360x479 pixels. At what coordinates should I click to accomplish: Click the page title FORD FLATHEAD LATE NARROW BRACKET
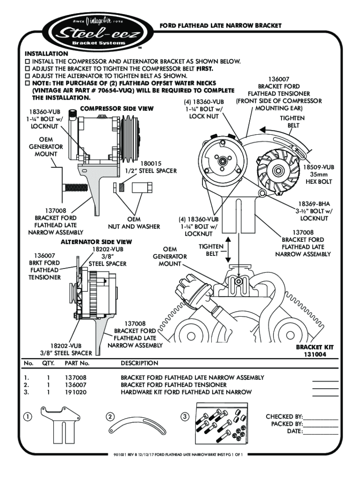[221, 26]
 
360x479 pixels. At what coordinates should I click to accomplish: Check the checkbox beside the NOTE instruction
[27, 83]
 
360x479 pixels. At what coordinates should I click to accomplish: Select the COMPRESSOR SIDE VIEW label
[117, 109]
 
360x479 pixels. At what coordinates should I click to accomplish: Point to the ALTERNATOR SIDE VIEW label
[96, 242]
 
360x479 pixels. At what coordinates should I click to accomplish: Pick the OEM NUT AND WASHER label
[134, 223]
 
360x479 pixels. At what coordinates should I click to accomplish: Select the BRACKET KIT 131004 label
[315, 351]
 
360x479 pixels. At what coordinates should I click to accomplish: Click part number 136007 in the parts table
[76, 385]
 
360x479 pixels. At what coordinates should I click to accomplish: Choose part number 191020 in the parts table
[76, 392]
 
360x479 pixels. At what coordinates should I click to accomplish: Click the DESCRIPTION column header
[139, 363]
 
